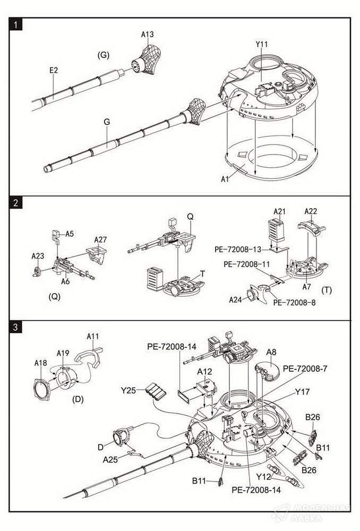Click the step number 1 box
click(15, 25)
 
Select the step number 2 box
click(15, 203)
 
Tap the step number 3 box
click(15, 328)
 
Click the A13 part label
click(147, 34)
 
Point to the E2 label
click(54, 70)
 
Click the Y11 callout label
click(261, 44)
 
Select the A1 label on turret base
click(225, 178)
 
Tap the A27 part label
click(100, 239)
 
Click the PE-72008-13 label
click(238, 250)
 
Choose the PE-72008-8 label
click(294, 303)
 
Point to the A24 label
click(236, 299)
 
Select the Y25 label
click(128, 390)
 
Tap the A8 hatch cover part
click(267, 370)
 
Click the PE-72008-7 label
click(305, 369)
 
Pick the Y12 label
click(263, 476)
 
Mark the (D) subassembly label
click(78, 399)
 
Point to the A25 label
click(110, 459)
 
